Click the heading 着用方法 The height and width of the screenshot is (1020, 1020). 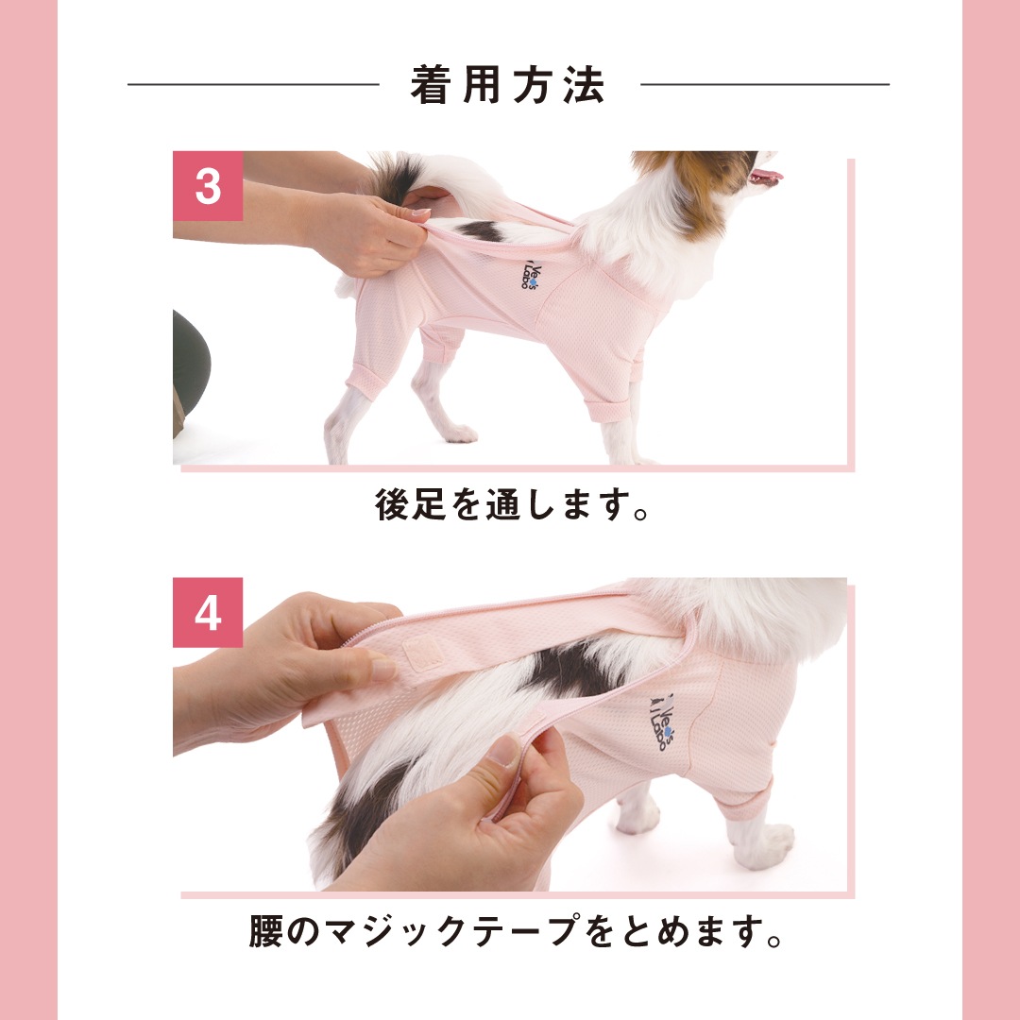pyautogui.click(x=507, y=85)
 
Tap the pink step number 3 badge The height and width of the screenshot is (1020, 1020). pyautogui.click(x=208, y=186)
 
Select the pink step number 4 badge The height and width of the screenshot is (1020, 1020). pyautogui.click(x=208, y=613)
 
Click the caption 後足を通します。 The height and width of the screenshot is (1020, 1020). pyautogui.click(x=512, y=504)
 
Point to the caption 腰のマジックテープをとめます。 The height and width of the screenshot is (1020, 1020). pyautogui.click(x=516, y=931)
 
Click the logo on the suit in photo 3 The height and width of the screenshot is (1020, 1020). pyautogui.click(x=528, y=277)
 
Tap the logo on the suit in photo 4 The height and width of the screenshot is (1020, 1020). pyautogui.click(x=662, y=722)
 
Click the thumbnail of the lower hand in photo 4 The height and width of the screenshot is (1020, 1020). pyautogui.click(x=503, y=749)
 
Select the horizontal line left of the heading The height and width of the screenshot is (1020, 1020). pyautogui.click(x=253, y=84)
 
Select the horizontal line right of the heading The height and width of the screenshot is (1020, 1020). pyautogui.click(x=764, y=84)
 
